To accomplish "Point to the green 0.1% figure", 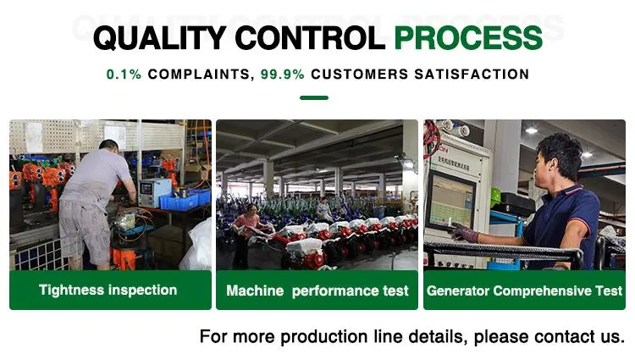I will coord(124,75).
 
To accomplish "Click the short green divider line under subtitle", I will coord(314,97).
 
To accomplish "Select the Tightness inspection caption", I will coord(108,290).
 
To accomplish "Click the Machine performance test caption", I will coord(317,291).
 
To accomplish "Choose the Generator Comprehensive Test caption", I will coord(524,291).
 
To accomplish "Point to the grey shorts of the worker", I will coord(85,231).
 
